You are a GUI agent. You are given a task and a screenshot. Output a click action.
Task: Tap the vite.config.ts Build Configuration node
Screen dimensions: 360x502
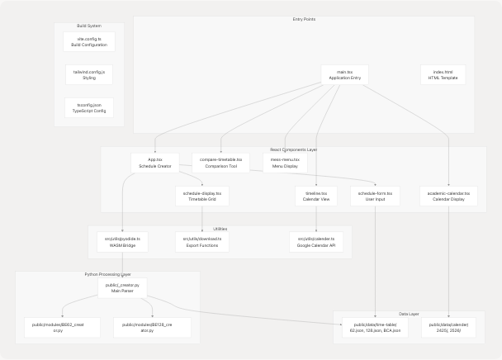pyautogui.click(x=89, y=42)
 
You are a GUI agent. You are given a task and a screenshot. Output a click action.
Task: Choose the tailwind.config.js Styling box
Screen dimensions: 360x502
pyautogui.click(x=89, y=75)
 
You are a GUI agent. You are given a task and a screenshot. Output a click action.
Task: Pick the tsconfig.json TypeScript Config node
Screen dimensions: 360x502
pyautogui.click(x=89, y=108)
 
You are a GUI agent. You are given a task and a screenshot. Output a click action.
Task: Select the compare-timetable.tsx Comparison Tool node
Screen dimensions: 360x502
pyautogui.click(x=221, y=163)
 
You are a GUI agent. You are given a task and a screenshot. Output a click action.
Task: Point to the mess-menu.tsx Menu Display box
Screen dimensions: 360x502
pyautogui.click(x=285, y=163)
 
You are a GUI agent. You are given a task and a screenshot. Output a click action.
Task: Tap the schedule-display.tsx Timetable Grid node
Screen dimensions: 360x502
pyautogui.click(x=202, y=196)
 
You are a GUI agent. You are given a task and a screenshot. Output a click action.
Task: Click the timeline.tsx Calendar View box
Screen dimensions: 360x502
pyautogui.click(x=316, y=196)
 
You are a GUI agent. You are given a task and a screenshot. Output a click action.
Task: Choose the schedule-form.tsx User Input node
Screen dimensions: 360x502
pyautogui.click(x=375, y=196)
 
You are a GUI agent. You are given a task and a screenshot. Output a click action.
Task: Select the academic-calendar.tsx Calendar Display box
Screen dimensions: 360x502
pyautogui.click(x=449, y=196)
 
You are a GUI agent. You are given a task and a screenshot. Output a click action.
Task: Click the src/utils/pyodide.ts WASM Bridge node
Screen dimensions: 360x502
pyautogui.click(x=121, y=242)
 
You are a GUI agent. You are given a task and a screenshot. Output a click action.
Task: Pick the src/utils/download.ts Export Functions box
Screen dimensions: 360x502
pyautogui.click(x=202, y=242)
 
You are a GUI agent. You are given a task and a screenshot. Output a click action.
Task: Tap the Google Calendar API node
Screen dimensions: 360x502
pyautogui.click(x=316, y=242)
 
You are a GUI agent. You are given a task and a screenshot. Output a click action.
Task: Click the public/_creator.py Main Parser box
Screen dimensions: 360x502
pyautogui.click(x=122, y=287)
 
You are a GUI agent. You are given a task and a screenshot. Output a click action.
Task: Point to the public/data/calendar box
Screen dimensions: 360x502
pyautogui.click(x=449, y=328)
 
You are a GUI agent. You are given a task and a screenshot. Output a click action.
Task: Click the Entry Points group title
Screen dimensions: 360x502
pyautogui.click(x=304, y=20)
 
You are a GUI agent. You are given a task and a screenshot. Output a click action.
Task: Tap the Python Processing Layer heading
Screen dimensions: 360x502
pyautogui.click(x=107, y=274)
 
